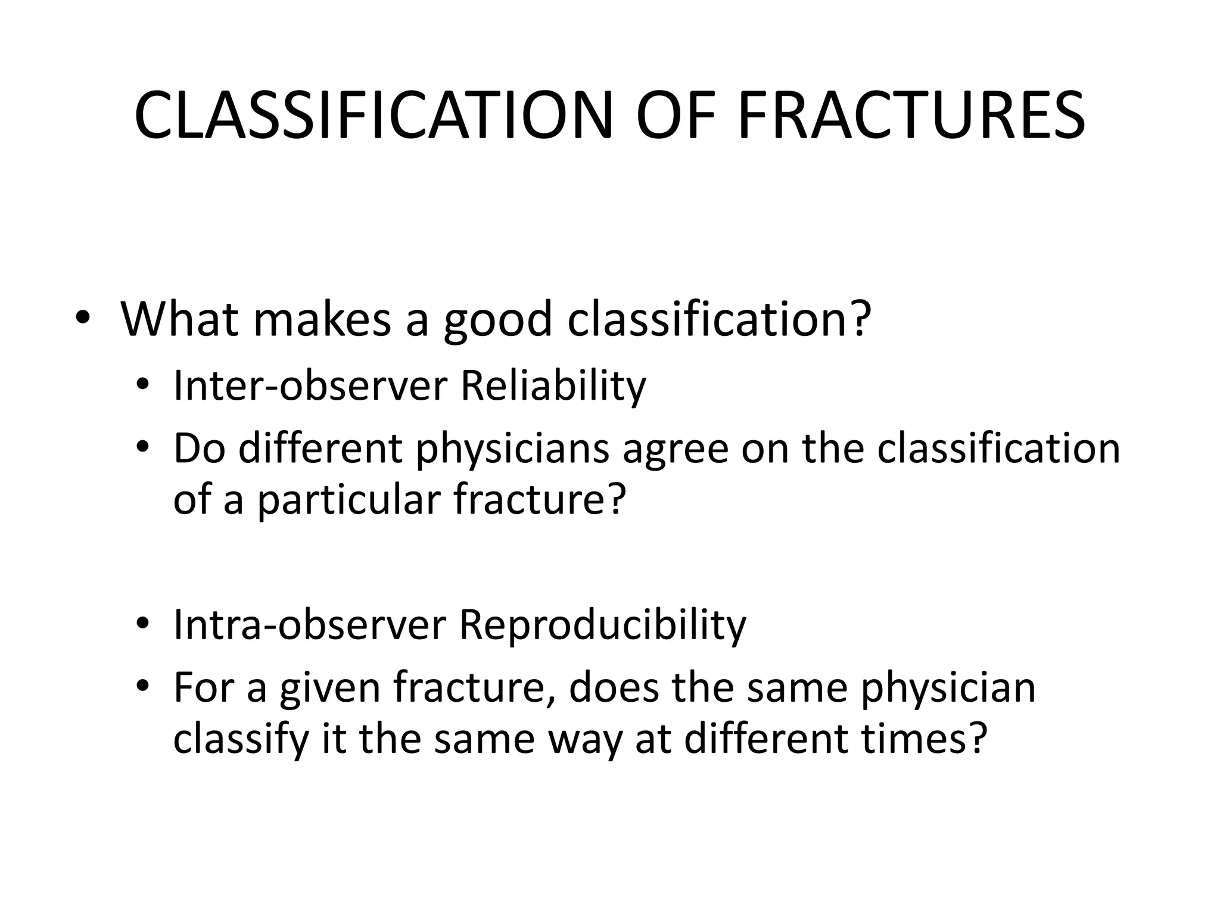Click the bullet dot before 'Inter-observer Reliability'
[x=142, y=385]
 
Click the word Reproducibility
[x=602, y=625]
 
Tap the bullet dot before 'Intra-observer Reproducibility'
[x=142, y=624]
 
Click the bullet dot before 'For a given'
[x=142, y=687]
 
